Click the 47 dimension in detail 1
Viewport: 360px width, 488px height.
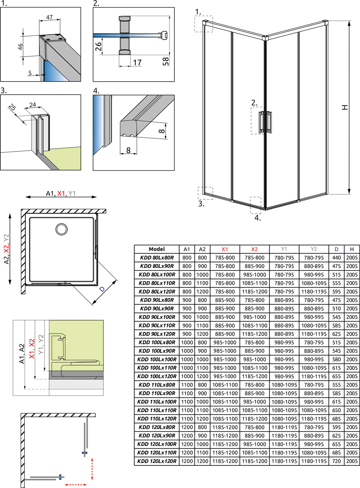click(x=49, y=17)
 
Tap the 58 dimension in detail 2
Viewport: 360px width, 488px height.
click(x=166, y=62)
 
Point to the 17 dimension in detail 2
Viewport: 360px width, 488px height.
click(x=137, y=63)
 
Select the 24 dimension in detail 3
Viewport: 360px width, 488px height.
click(x=33, y=105)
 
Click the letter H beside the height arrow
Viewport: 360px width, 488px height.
click(x=345, y=107)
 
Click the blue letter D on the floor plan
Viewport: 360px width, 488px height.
click(x=102, y=289)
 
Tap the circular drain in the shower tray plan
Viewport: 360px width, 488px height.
click(x=61, y=229)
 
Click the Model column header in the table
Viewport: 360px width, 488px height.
click(x=157, y=249)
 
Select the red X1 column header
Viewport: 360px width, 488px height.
click(x=225, y=249)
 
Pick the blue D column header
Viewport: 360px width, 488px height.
click(x=336, y=249)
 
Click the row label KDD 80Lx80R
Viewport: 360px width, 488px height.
click(x=157, y=258)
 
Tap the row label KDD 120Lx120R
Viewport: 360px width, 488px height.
click(x=157, y=461)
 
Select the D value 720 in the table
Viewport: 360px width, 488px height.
click(x=336, y=461)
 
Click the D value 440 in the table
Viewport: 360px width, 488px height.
click(x=336, y=258)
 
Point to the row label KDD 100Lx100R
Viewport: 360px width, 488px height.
click(x=157, y=359)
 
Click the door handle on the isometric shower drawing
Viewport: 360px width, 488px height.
click(x=266, y=122)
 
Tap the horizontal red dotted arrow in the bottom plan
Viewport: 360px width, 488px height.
click(x=76, y=484)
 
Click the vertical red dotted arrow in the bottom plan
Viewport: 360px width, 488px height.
click(x=92, y=469)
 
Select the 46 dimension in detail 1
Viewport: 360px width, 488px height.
click(x=20, y=47)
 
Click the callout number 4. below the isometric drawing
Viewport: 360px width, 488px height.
click(x=257, y=218)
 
